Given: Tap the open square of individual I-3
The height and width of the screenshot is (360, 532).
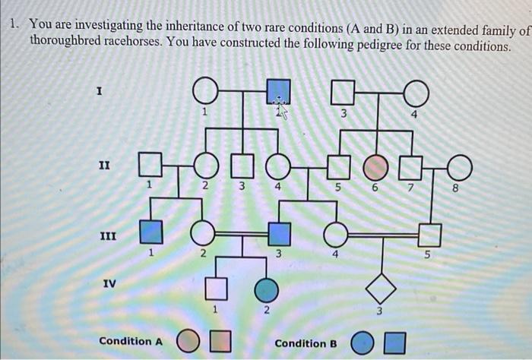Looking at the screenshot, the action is coord(344,92).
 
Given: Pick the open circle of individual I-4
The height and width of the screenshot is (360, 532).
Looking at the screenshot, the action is coord(415,93).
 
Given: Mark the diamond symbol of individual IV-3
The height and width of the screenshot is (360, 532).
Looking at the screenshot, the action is coord(381,289).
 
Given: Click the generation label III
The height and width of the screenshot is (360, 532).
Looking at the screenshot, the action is coord(108,235).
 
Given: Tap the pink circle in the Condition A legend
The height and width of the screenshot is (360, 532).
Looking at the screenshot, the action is coord(187,340).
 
